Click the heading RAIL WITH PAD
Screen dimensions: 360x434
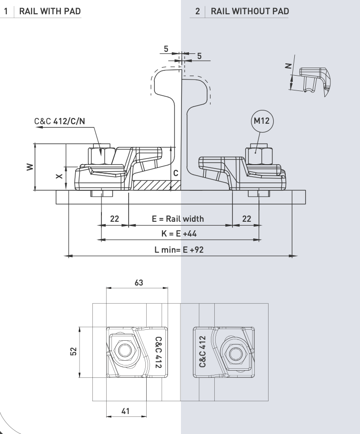[50, 11]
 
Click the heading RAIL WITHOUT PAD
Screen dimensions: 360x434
[250, 11]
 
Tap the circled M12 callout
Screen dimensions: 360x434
[261, 121]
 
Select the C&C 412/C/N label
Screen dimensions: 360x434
[60, 121]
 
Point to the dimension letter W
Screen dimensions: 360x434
[30, 167]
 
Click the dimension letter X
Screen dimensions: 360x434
[59, 176]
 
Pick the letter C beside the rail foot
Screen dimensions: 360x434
[176, 173]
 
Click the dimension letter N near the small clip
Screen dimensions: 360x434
[288, 66]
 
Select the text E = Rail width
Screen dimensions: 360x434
[178, 218]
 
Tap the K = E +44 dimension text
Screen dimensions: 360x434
[179, 234]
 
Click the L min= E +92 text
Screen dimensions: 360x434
[179, 250]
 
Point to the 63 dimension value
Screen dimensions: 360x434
[139, 283]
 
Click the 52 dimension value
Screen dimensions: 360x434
[73, 352]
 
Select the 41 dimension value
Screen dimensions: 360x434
[125, 411]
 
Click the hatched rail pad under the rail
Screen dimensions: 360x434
[157, 186]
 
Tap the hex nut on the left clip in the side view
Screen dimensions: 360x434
[101, 156]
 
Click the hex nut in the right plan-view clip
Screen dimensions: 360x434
[236, 354]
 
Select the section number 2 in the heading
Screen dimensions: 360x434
[198, 11]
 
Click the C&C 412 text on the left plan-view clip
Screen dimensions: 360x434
[158, 352]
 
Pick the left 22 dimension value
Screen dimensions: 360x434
[114, 218]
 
